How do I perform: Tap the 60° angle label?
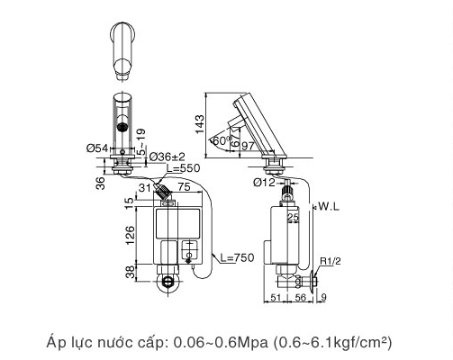219,141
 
